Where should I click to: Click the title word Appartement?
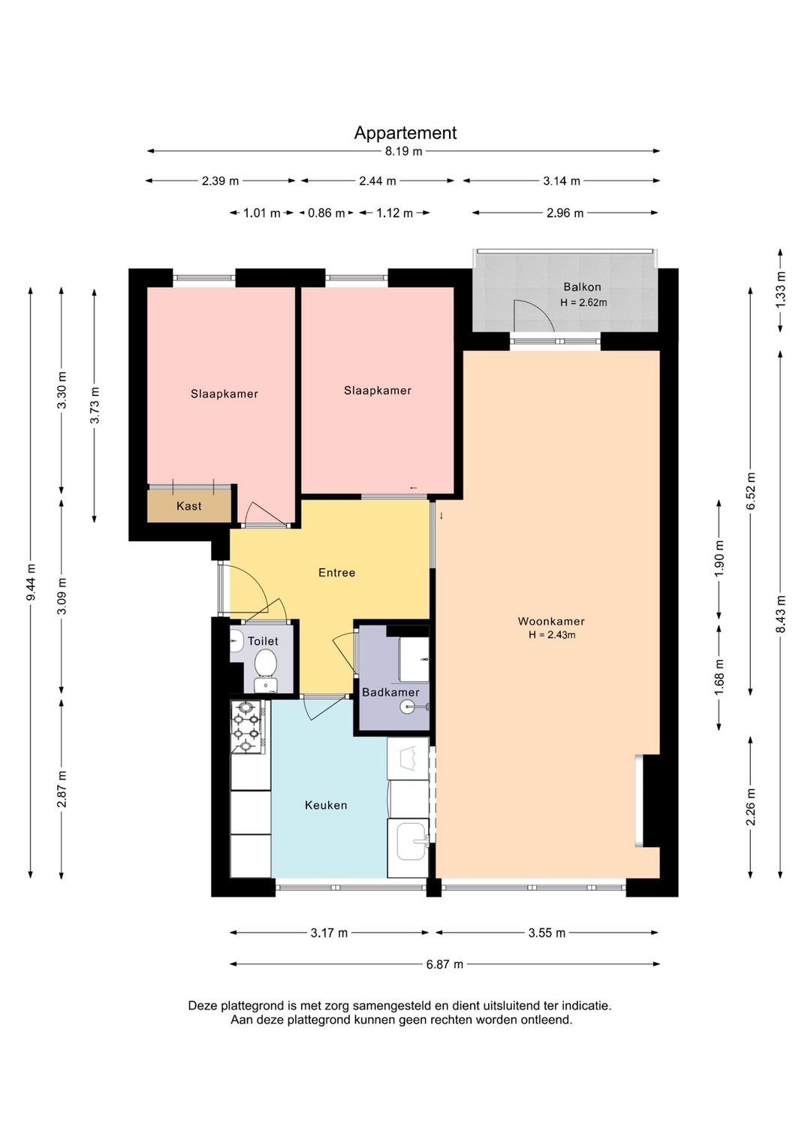click(x=405, y=133)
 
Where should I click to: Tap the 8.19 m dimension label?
click(x=404, y=152)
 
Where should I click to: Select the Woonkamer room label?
click(x=551, y=621)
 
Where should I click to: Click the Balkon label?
click(x=582, y=287)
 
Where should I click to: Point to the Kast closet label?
click(x=188, y=506)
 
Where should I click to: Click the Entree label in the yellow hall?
click(x=336, y=573)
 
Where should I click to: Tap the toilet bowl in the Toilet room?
click(x=265, y=663)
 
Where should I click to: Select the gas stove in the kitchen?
click(x=248, y=727)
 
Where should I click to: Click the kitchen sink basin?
click(x=410, y=841)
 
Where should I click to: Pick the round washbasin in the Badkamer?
click(x=407, y=707)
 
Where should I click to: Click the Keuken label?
click(x=326, y=806)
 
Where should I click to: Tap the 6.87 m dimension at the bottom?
click(x=445, y=964)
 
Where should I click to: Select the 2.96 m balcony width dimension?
click(x=565, y=213)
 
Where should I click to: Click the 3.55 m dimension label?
click(x=547, y=933)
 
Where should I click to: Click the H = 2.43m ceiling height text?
click(x=552, y=635)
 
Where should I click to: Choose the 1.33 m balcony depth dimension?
click(x=781, y=290)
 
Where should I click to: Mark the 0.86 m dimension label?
click(x=327, y=213)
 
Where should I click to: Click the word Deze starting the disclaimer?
click(x=204, y=1006)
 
